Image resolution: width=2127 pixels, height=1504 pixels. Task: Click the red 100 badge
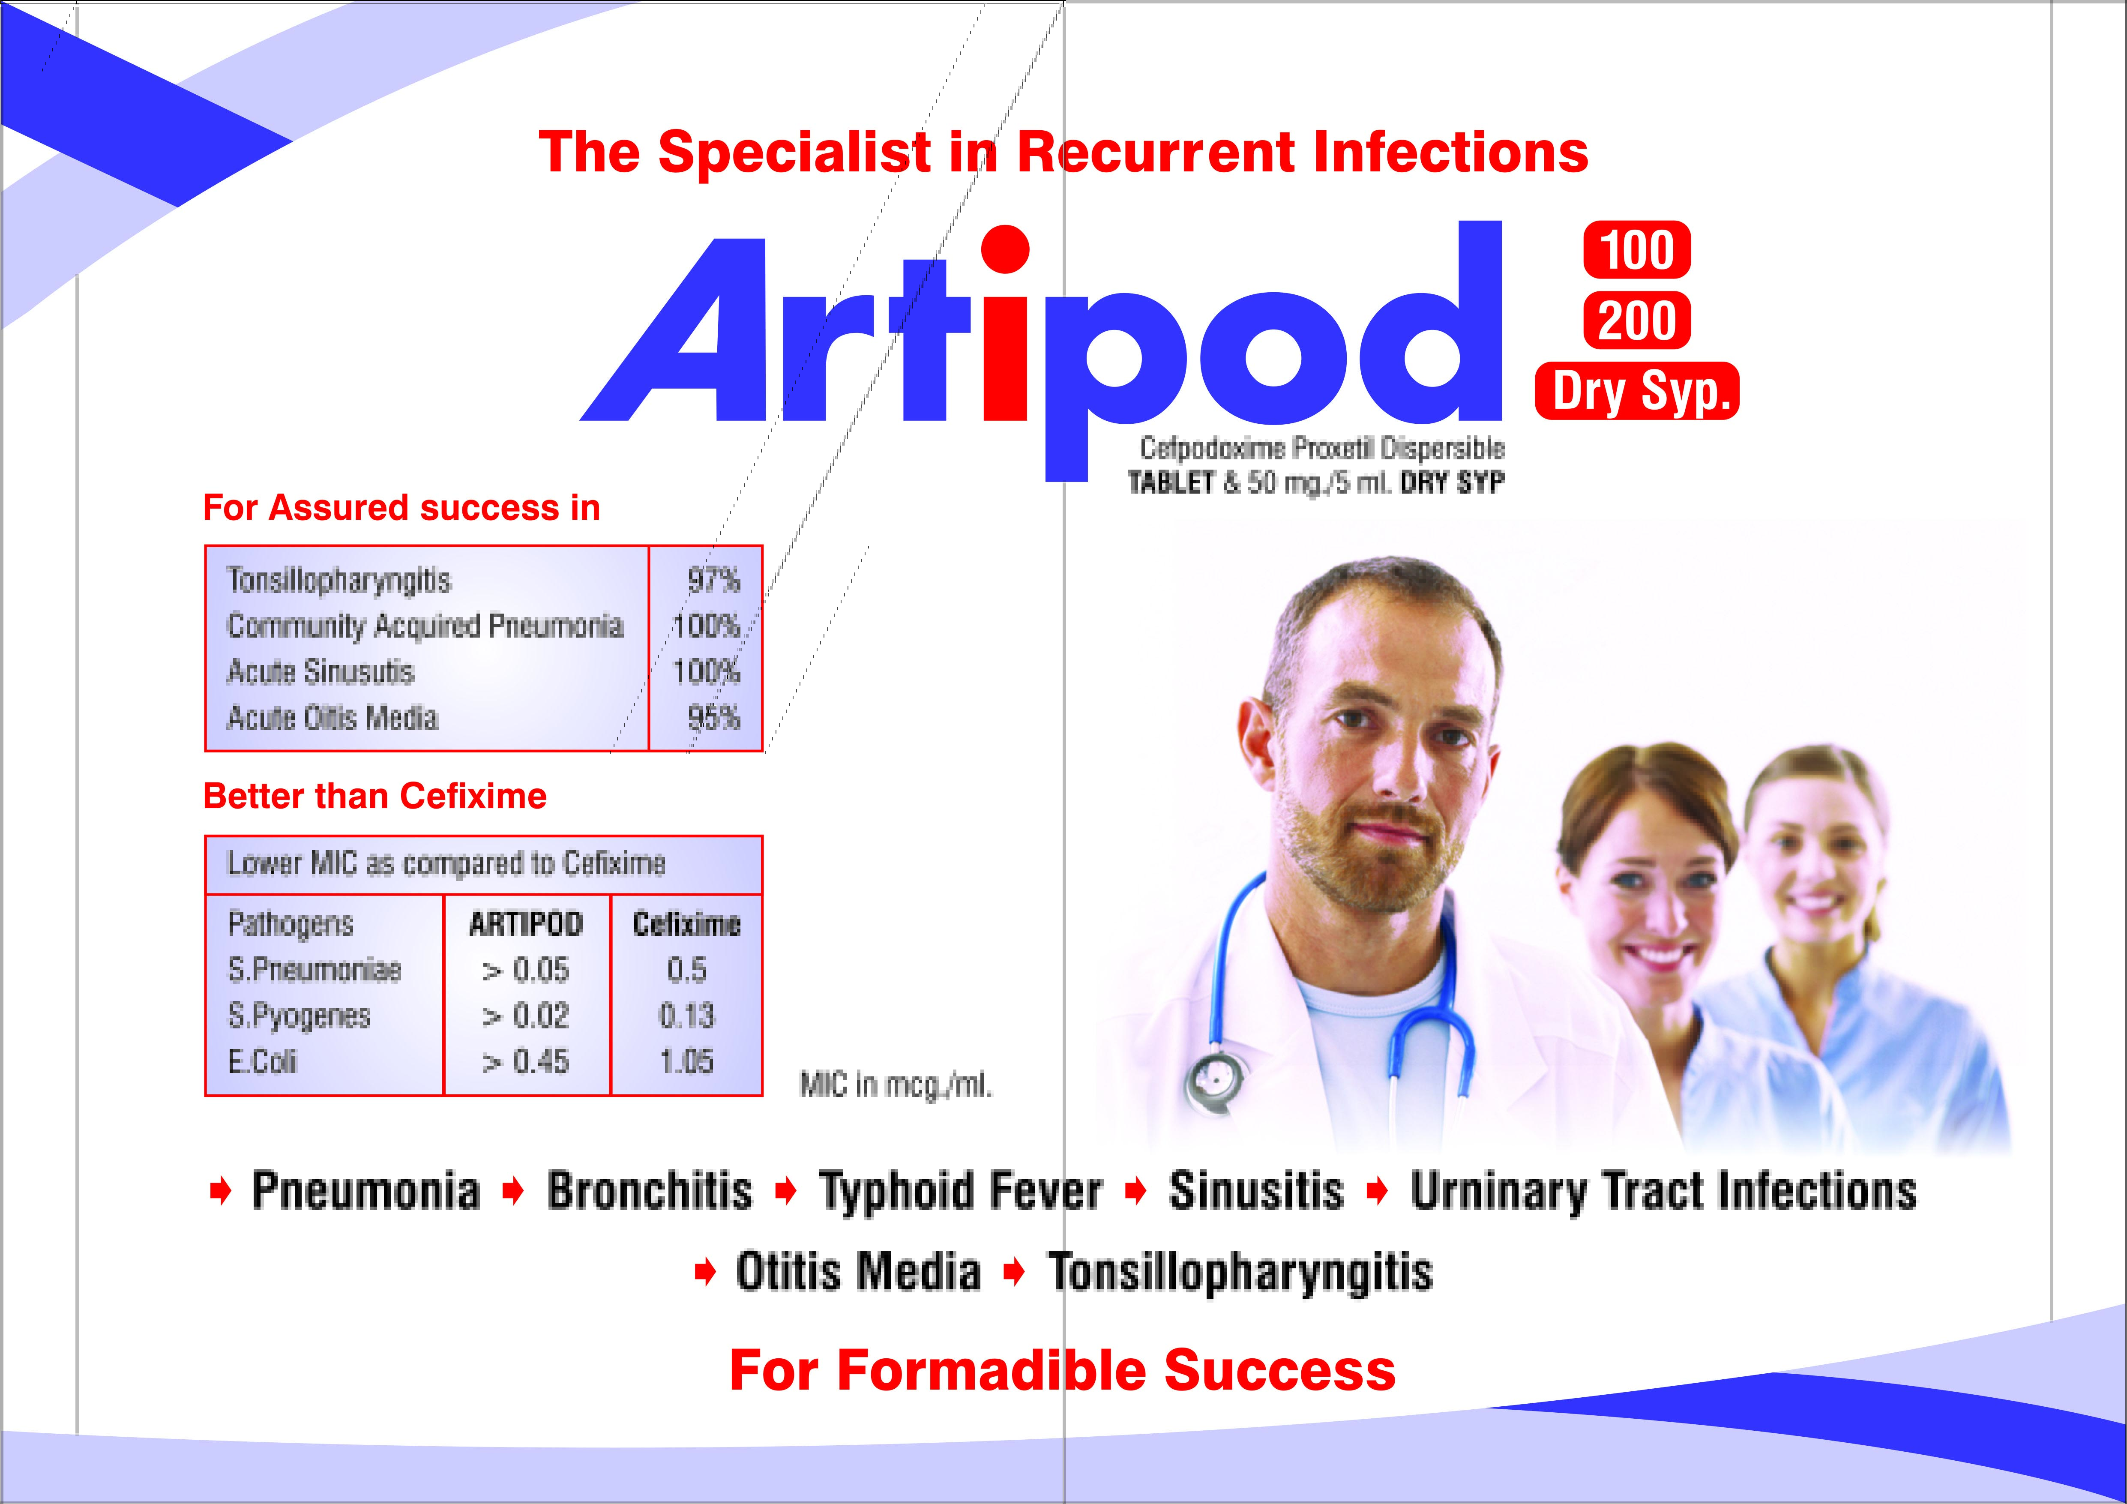point(1637,250)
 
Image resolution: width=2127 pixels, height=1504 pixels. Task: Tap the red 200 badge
point(1637,321)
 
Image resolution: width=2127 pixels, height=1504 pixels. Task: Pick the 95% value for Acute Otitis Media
point(713,717)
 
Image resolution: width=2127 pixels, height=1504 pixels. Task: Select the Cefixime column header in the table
point(686,924)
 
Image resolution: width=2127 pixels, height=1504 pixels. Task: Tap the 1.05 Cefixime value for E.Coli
point(686,1061)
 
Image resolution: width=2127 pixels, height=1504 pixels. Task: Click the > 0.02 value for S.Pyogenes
point(525,1016)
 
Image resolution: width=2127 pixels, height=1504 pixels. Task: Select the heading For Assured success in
point(401,508)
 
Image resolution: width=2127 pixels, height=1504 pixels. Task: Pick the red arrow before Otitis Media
point(705,1272)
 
